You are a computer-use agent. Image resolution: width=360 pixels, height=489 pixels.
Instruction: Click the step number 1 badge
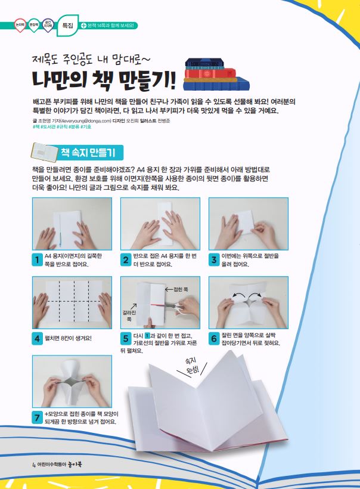click(x=38, y=260)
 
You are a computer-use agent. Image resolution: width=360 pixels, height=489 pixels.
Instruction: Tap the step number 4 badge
click(x=38, y=339)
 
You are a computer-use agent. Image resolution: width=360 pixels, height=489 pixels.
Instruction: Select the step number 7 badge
click(x=38, y=417)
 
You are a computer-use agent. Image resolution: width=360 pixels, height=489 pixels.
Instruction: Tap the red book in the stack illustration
click(x=209, y=73)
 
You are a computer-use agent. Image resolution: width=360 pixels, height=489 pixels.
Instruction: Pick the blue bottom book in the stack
click(x=216, y=84)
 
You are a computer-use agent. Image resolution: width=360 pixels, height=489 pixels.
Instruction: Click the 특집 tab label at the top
click(x=68, y=26)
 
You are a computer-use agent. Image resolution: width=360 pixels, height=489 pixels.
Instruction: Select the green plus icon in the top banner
click(x=83, y=26)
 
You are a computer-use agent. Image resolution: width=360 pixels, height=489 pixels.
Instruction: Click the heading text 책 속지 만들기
click(x=88, y=153)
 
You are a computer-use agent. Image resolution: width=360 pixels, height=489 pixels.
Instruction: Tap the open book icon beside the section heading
click(x=45, y=152)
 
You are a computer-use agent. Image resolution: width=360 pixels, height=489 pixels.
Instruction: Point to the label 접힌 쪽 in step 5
click(x=181, y=290)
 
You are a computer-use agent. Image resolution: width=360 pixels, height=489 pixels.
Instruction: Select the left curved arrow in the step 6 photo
click(x=236, y=294)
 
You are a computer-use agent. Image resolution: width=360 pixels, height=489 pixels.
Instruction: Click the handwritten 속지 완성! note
click(x=192, y=366)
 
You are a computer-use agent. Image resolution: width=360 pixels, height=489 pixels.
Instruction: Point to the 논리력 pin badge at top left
click(x=20, y=24)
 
